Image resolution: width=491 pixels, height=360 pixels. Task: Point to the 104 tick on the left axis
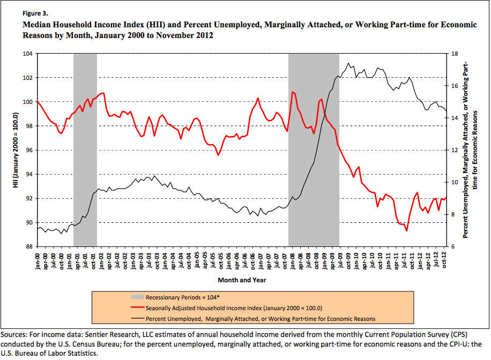point(28,54)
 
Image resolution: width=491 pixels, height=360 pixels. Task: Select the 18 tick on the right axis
point(454,54)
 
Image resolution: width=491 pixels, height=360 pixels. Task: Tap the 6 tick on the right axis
point(452,246)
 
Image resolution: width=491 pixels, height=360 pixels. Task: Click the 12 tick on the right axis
point(454,150)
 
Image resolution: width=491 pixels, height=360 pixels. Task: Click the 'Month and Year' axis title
point(242,280)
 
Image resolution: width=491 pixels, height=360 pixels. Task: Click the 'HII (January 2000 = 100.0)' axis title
point(16,150)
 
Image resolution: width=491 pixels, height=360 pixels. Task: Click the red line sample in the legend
point(137,308)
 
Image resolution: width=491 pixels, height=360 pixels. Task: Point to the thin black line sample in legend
point(137,318)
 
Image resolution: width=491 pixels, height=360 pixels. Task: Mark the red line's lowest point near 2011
point(407,230)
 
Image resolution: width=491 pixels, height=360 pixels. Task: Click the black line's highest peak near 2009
point(348,63)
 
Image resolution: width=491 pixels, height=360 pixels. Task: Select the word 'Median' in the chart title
point(35,25)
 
